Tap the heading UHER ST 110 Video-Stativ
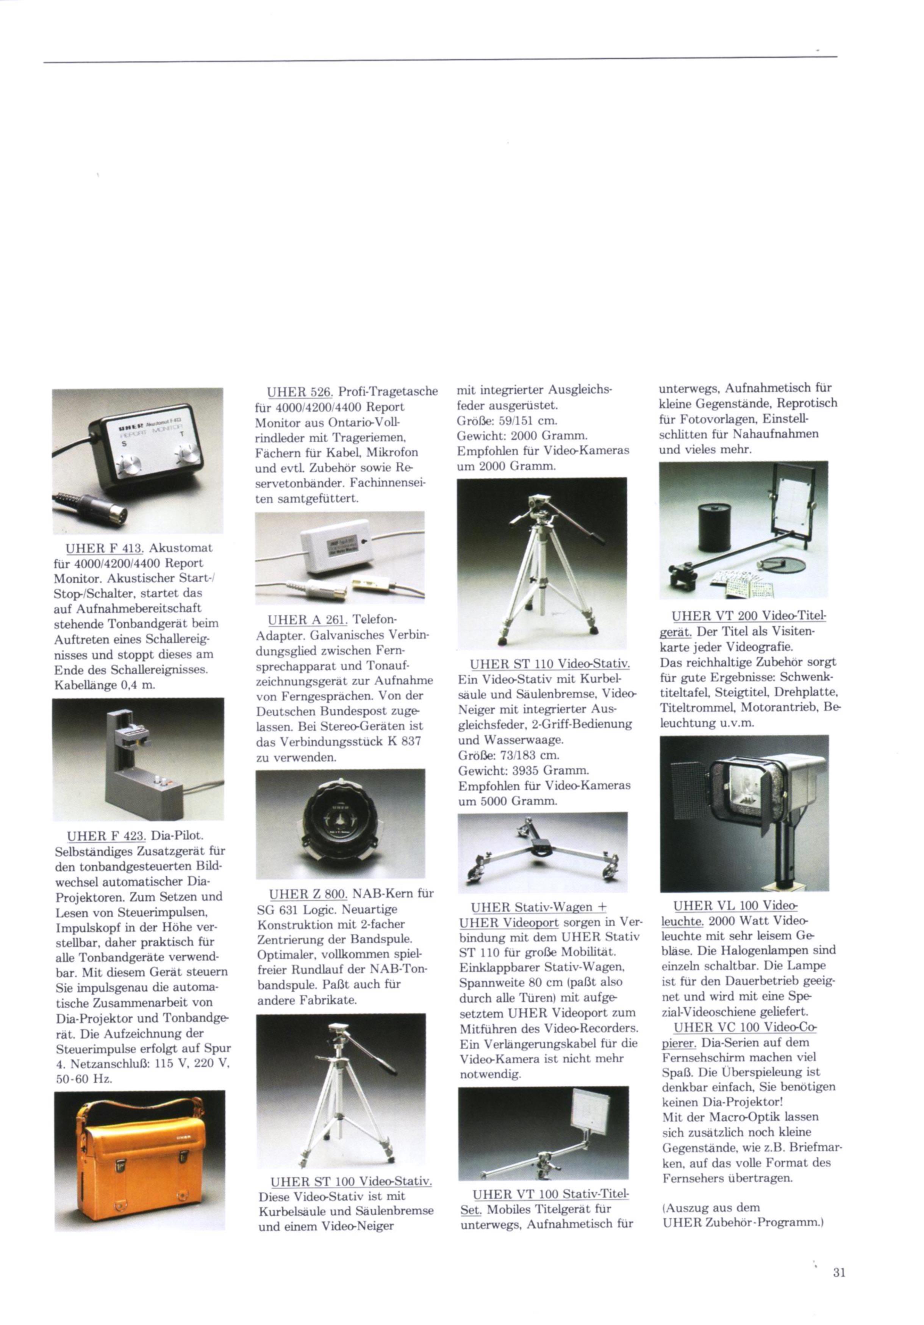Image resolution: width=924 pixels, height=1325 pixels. coord(550,664)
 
